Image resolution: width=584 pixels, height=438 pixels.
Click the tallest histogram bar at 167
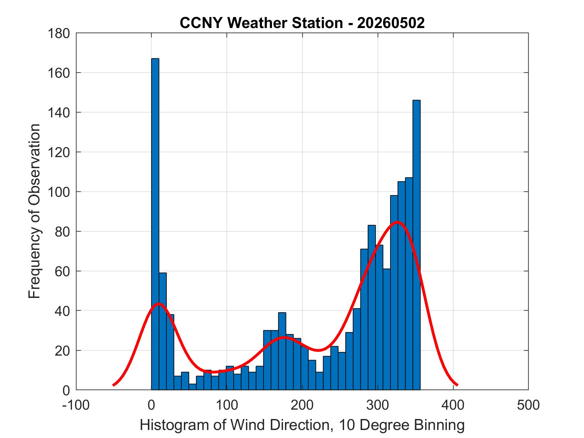coord(155,224)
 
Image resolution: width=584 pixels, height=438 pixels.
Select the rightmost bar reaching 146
coord(416,245)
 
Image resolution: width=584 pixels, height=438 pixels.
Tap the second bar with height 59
coord(163,331)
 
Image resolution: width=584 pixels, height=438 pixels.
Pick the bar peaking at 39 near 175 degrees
coord(282,351)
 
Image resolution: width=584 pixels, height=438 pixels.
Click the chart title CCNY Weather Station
coord(261,23)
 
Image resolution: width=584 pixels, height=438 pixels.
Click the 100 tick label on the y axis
coord(58,192)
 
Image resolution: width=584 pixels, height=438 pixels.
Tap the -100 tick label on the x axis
coord(76,405)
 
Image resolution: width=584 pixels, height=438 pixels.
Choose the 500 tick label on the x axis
coord(528,405)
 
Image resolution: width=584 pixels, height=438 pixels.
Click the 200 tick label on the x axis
coord(302,405)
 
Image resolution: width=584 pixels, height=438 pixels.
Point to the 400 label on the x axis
coord(453,405)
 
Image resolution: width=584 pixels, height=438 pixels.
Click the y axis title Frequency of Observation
coord(34,211)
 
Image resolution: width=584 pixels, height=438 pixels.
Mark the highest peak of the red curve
coord(397,222)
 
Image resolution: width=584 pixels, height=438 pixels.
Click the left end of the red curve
coord(113,385)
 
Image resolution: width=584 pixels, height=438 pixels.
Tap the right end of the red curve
coord(457,385)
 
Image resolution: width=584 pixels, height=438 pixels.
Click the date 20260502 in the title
coord(391,23)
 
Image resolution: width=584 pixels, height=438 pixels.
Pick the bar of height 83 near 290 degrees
coord(372,307)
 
